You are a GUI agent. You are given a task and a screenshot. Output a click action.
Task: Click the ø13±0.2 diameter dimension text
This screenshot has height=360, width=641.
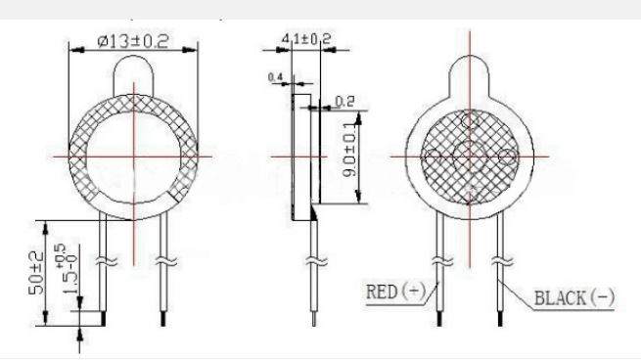[133, 41]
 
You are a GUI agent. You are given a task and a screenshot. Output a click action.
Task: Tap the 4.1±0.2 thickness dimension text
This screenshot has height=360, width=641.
[305, 38]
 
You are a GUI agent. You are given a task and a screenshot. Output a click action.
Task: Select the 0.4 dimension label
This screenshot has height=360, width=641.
[275, 77]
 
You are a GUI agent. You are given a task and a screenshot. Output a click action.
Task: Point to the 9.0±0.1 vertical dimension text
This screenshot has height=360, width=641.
[351, 150]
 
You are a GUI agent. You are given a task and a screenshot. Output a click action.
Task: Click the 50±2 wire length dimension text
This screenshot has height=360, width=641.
[35, 273]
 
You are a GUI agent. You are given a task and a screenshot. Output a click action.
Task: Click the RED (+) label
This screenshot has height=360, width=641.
[395, 292]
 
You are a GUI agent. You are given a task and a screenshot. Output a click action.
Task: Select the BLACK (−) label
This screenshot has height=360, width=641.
[574, 298]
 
